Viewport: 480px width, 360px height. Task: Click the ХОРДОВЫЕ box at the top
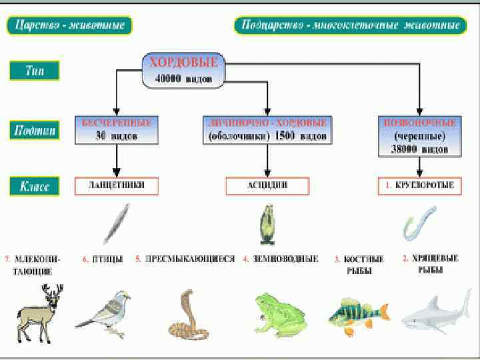(x=183, y=70)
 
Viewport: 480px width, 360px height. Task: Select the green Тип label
(x=34, y=71)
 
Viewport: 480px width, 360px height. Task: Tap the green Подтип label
(x=35, y=130)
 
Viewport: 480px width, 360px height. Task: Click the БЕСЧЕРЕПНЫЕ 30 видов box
(x=117, y=130)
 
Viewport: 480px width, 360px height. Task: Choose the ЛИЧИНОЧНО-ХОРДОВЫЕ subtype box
(x=267, y=130)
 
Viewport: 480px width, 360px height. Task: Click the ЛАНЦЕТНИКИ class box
(x=117, y=186)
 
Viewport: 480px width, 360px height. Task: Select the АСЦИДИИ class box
(x=267, y=186)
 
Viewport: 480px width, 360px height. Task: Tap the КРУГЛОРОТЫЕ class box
(x=419, y=186)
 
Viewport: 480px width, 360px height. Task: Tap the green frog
(x=278, y=313)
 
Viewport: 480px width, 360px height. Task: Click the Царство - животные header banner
(x=70, y=26)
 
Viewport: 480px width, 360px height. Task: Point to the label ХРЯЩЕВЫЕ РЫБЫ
(x=430, y=264)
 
